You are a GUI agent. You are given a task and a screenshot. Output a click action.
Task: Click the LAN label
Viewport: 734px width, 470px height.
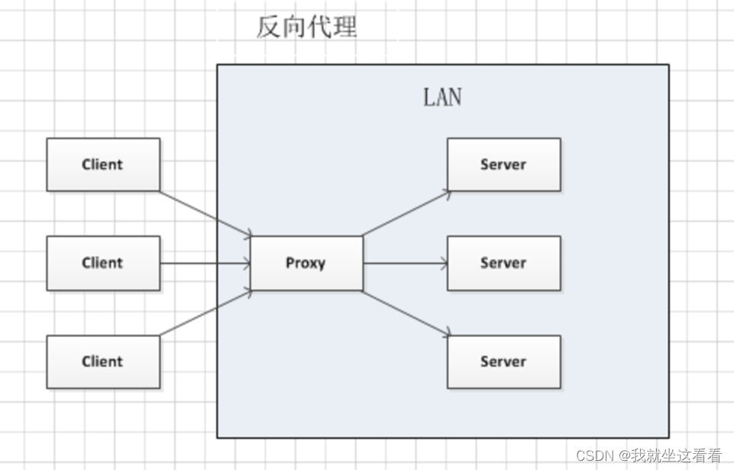pos(442,98)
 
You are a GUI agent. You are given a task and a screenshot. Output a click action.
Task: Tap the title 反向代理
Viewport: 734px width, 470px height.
pos(306,28)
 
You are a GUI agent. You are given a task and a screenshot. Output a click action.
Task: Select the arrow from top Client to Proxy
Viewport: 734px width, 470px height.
pos(205,213)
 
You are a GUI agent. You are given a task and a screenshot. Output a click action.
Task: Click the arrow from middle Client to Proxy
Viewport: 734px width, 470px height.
pos(205,264)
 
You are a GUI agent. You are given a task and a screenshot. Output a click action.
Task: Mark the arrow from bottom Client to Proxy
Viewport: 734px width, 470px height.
pos(205,313)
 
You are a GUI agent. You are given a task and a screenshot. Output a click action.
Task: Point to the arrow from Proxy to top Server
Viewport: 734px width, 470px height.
pos(406,213)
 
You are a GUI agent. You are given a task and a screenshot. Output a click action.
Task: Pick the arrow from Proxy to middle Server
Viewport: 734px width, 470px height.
pos(405,264)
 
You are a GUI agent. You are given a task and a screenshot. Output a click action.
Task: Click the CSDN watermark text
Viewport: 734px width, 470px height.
pos(648,455)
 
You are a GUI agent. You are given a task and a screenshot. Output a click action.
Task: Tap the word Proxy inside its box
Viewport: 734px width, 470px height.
pos(306,263)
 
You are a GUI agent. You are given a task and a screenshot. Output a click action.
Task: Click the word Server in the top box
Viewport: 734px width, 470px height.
pos(503,164)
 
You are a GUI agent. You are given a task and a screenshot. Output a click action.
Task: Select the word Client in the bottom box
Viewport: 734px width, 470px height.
pos(102,361)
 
